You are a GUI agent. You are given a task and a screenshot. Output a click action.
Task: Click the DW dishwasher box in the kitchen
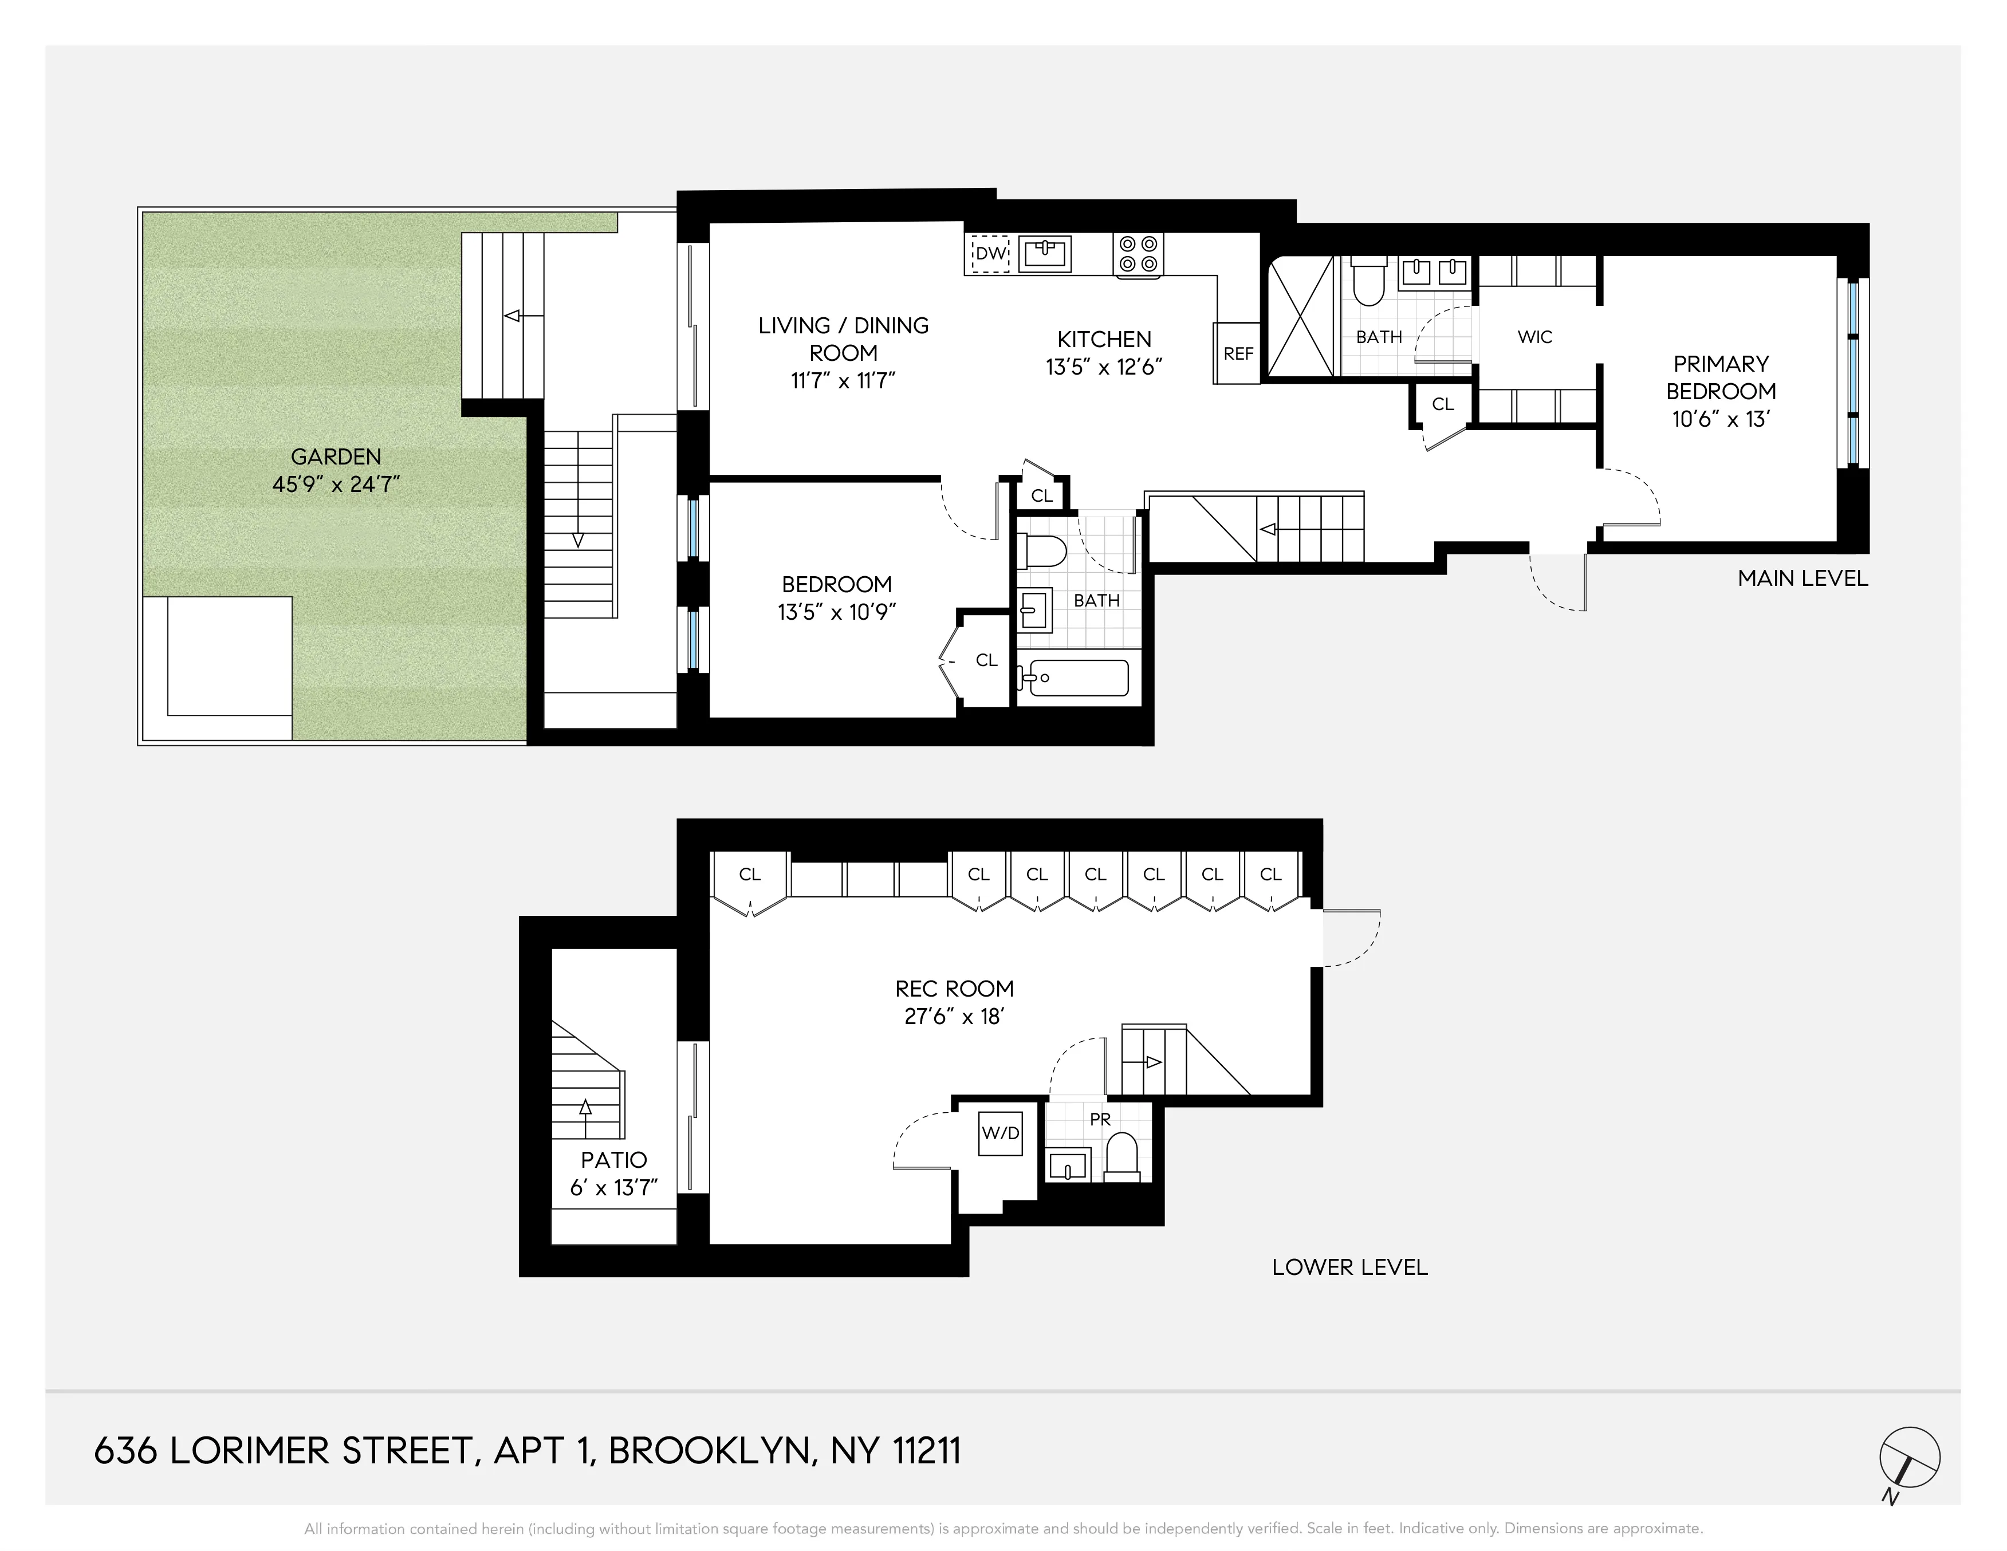pos(990,254)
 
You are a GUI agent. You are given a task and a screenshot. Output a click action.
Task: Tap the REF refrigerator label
pos(1238,354)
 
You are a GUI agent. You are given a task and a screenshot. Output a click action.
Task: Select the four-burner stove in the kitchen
pos(1139,254)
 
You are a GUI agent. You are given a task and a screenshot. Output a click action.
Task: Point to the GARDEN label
pos(336,456)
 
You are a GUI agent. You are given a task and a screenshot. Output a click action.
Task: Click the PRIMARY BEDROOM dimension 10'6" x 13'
pos(1720,419)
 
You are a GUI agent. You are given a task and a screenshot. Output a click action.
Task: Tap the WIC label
pos(1534,337)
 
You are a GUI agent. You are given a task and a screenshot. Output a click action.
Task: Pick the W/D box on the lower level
pos(1001,1133)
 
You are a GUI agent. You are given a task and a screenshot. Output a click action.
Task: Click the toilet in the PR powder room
pos(1121,1158)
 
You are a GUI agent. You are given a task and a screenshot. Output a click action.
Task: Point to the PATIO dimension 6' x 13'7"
pos(614,1188)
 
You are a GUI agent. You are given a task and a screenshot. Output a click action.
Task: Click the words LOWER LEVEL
pos(1349,1267)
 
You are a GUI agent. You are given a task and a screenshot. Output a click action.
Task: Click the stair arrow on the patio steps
pos(585,1107)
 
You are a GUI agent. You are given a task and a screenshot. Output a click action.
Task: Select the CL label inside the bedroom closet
pos(986,660)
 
